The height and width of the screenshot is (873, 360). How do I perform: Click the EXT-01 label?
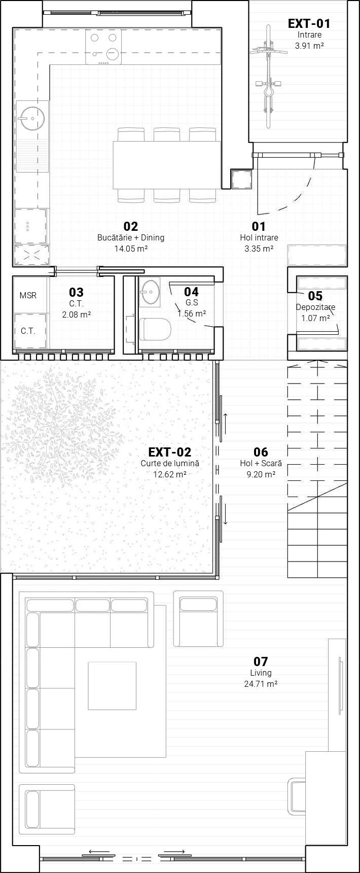click(309, 23)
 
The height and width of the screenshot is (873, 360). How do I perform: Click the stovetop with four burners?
click(103, 47)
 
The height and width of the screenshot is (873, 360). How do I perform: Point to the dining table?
click(167, 165)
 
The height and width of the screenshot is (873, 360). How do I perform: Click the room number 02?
click(131, 226)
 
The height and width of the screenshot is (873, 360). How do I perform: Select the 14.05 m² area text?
click(131, 249)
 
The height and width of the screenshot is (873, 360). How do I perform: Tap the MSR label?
click(28, 295)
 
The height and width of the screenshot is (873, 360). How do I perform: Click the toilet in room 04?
click(155, 329)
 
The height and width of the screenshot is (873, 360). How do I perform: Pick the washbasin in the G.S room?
click(151, 292)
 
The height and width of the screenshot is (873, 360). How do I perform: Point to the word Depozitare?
click(315, 307)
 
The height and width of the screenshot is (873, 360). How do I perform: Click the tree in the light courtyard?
click(63, 431)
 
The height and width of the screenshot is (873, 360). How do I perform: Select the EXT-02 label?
click(170, 452)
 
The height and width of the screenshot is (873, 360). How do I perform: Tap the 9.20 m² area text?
click(261, 474)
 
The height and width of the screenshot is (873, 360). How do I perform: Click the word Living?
click(261, 673)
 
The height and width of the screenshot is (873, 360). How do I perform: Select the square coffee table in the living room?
click(112, 685)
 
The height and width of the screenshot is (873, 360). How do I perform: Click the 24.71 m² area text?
click(261, 684)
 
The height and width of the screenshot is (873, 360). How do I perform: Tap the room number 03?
click(76, 292)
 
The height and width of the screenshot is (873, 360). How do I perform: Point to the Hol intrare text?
click(259, 237)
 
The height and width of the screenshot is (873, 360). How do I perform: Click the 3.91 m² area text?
click(309, 46)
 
